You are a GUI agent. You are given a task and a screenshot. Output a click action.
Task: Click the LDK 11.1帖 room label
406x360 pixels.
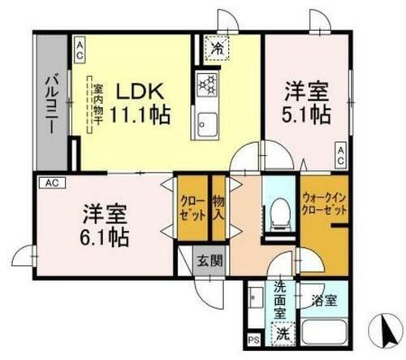[x=140, y=102]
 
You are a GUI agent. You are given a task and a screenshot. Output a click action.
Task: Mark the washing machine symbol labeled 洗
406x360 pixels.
[x=279, y=332]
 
